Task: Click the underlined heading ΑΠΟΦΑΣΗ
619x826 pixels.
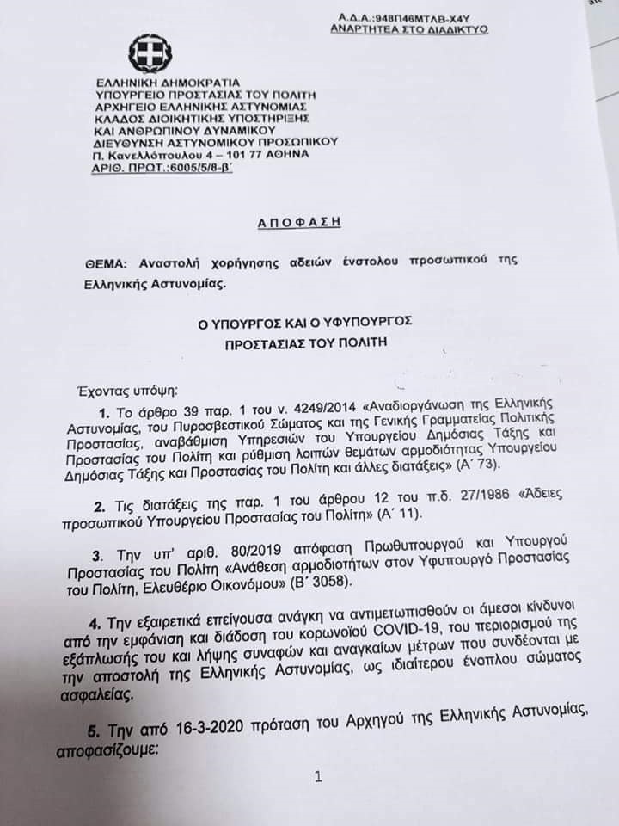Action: click(x=299, y=222)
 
